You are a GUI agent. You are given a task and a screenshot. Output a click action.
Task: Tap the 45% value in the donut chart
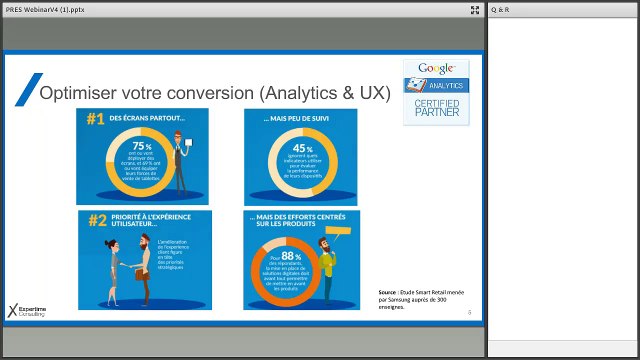[x=288, y=150]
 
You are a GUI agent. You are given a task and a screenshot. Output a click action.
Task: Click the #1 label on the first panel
[x=95, y=119]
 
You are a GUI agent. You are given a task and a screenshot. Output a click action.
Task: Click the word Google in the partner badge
[x=436, y=68]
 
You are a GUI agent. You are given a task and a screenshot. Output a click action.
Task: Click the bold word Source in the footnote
[x=387, y=294]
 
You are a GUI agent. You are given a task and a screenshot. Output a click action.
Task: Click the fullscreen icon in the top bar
[x=475, y=10]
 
